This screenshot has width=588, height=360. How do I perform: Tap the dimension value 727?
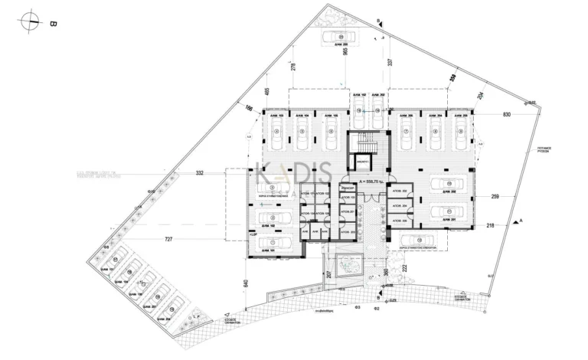coord(169,240)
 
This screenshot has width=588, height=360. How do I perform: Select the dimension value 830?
coord(507,114)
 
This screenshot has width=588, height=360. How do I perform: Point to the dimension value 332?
coord(200,174)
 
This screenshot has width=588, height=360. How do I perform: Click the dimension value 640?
coord(246,284)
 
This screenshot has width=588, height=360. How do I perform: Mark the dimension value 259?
coord(495,197)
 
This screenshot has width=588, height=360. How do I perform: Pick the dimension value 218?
coord(490,225)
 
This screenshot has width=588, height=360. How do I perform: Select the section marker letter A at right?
coord(521,220)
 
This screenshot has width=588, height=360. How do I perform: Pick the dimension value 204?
coord(481,97)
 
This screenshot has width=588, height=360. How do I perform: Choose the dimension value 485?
coord(266,93)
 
